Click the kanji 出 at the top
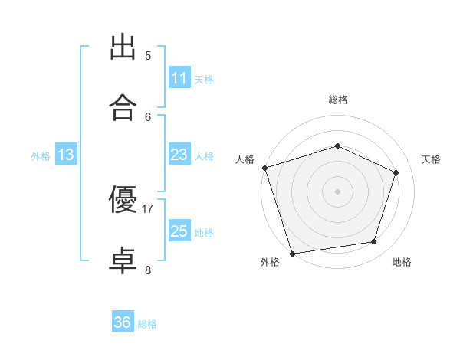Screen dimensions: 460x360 (x=123, y=47)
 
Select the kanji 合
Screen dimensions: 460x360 (x=123, y=107)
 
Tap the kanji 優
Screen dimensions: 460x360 (x=123, y=199)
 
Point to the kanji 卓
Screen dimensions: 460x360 (x=123, y=260)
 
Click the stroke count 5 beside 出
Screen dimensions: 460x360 (x=148, y=56)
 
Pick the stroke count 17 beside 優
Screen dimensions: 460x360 (x=147, y=209)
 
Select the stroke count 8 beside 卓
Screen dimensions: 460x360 (x=148, y=270)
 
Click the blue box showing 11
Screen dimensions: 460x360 (x=179, y=77)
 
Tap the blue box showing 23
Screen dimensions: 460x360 (x=179, y=154)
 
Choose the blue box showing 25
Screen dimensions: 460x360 (x=179, y=230)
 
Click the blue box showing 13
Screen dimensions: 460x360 (x=66, y=154)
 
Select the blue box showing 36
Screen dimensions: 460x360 (x=123, y=321)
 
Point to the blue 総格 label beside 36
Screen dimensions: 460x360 (x=147, y=324)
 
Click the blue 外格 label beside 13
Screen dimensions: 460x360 (x=41, y=156)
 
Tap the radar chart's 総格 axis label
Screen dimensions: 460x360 (x=338, y=100)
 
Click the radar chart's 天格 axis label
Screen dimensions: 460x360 (x=431, y=159)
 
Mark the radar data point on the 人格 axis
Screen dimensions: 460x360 (x=265, y=168)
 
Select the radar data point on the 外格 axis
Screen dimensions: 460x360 (x=292, y=254)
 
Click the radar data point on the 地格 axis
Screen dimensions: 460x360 (x=374, y=241)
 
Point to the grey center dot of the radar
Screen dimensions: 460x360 (x=337, y=191)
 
